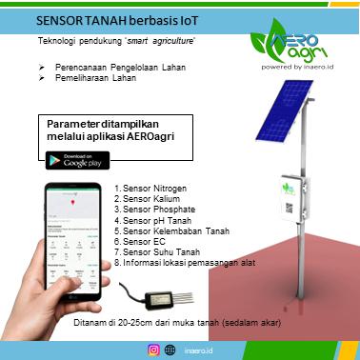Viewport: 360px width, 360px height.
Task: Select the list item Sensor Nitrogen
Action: (150, 190)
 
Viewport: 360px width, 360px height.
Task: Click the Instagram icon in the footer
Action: (154, 350)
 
